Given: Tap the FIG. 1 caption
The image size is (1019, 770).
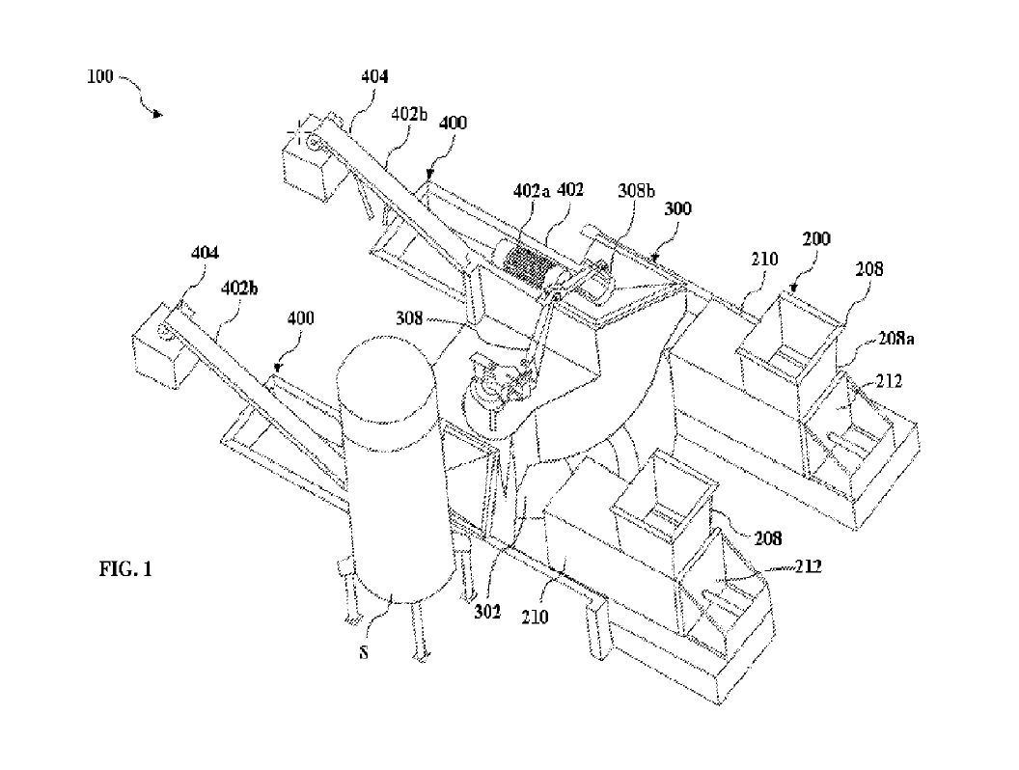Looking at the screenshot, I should coord(125,569).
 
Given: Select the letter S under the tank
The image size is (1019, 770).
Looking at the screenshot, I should coord(364,652).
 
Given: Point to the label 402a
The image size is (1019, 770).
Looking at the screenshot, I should coord(532,191).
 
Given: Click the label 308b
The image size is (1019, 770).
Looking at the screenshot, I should coord(637,191).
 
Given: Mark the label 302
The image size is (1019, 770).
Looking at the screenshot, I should coord(486,610).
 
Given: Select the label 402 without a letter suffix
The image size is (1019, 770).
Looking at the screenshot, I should coord(569,191).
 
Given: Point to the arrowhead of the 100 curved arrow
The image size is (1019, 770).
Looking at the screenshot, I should coord(158,116).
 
